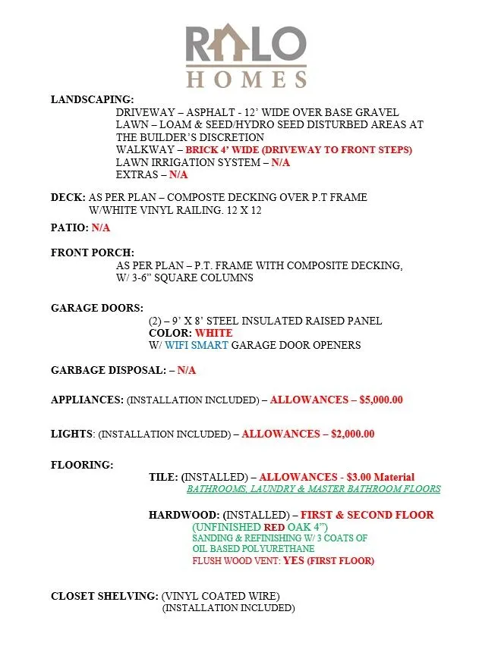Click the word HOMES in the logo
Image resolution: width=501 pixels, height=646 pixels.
pyautogui.click(x=247, y=78)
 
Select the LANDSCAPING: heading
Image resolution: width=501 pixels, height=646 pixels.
pyautogui.click(x=93, y=99)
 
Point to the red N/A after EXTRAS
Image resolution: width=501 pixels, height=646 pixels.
pyautogui.click(x=178, y=174)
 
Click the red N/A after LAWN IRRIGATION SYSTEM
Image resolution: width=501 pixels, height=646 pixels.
pyautogui.click(x=281, y=162)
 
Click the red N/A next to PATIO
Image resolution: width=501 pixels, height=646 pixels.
pyautogui.click(x=101, y=227)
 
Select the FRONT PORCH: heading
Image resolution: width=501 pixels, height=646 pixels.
pyautogui.click(x=93, y=252)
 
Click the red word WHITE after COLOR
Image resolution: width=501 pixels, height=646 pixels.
pyautogui.click(x=214, y=333)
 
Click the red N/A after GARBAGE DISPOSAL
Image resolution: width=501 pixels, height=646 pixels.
pyautogui.click(x=187, y=370)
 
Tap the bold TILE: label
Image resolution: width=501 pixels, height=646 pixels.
pyautogui.click(x=163, y=477)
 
